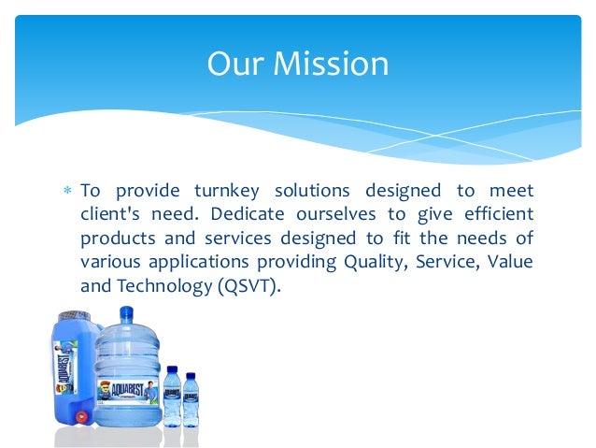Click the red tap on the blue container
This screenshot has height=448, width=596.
tap(81, 416)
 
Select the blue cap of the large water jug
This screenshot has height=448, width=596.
tap(126, 313)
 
